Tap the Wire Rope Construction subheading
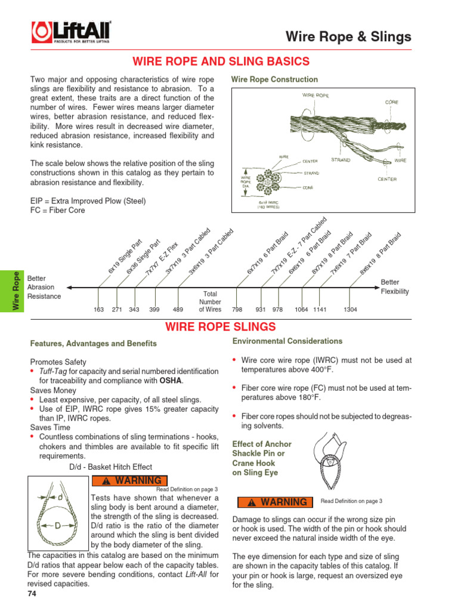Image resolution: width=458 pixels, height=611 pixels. (274, 79)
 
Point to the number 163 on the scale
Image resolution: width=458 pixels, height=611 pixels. (99, 310)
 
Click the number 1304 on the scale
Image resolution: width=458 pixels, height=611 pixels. (351, 310)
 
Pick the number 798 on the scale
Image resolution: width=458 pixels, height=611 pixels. (237, 310)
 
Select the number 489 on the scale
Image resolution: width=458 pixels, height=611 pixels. (178, 310)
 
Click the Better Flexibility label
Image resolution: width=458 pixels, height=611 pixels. (395, 287)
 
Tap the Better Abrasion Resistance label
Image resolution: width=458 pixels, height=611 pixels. (45, 287)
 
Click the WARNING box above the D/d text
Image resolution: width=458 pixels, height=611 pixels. (129, 481)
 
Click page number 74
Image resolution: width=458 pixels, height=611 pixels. (32, 594)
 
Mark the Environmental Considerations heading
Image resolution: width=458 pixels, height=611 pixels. (287, 341)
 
